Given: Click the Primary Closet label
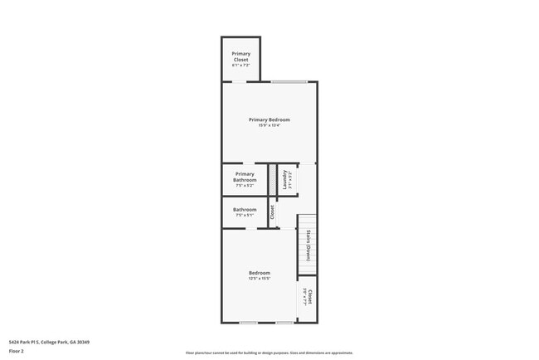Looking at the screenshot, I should [240, 56].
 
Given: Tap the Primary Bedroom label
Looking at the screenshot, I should [269, 119].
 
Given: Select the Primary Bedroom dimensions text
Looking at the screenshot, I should [269, 126].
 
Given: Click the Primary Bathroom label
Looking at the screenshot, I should [245, 177].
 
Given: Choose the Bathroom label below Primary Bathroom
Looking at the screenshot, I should [245, 209].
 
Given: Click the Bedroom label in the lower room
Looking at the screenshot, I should [259, 273].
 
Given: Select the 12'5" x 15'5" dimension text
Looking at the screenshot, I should [259, 279].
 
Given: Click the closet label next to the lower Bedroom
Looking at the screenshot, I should [309, 297].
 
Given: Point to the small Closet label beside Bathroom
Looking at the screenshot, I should [271, 212].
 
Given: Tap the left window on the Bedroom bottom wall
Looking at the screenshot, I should [247, 323].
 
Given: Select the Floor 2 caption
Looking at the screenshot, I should [17, 351].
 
